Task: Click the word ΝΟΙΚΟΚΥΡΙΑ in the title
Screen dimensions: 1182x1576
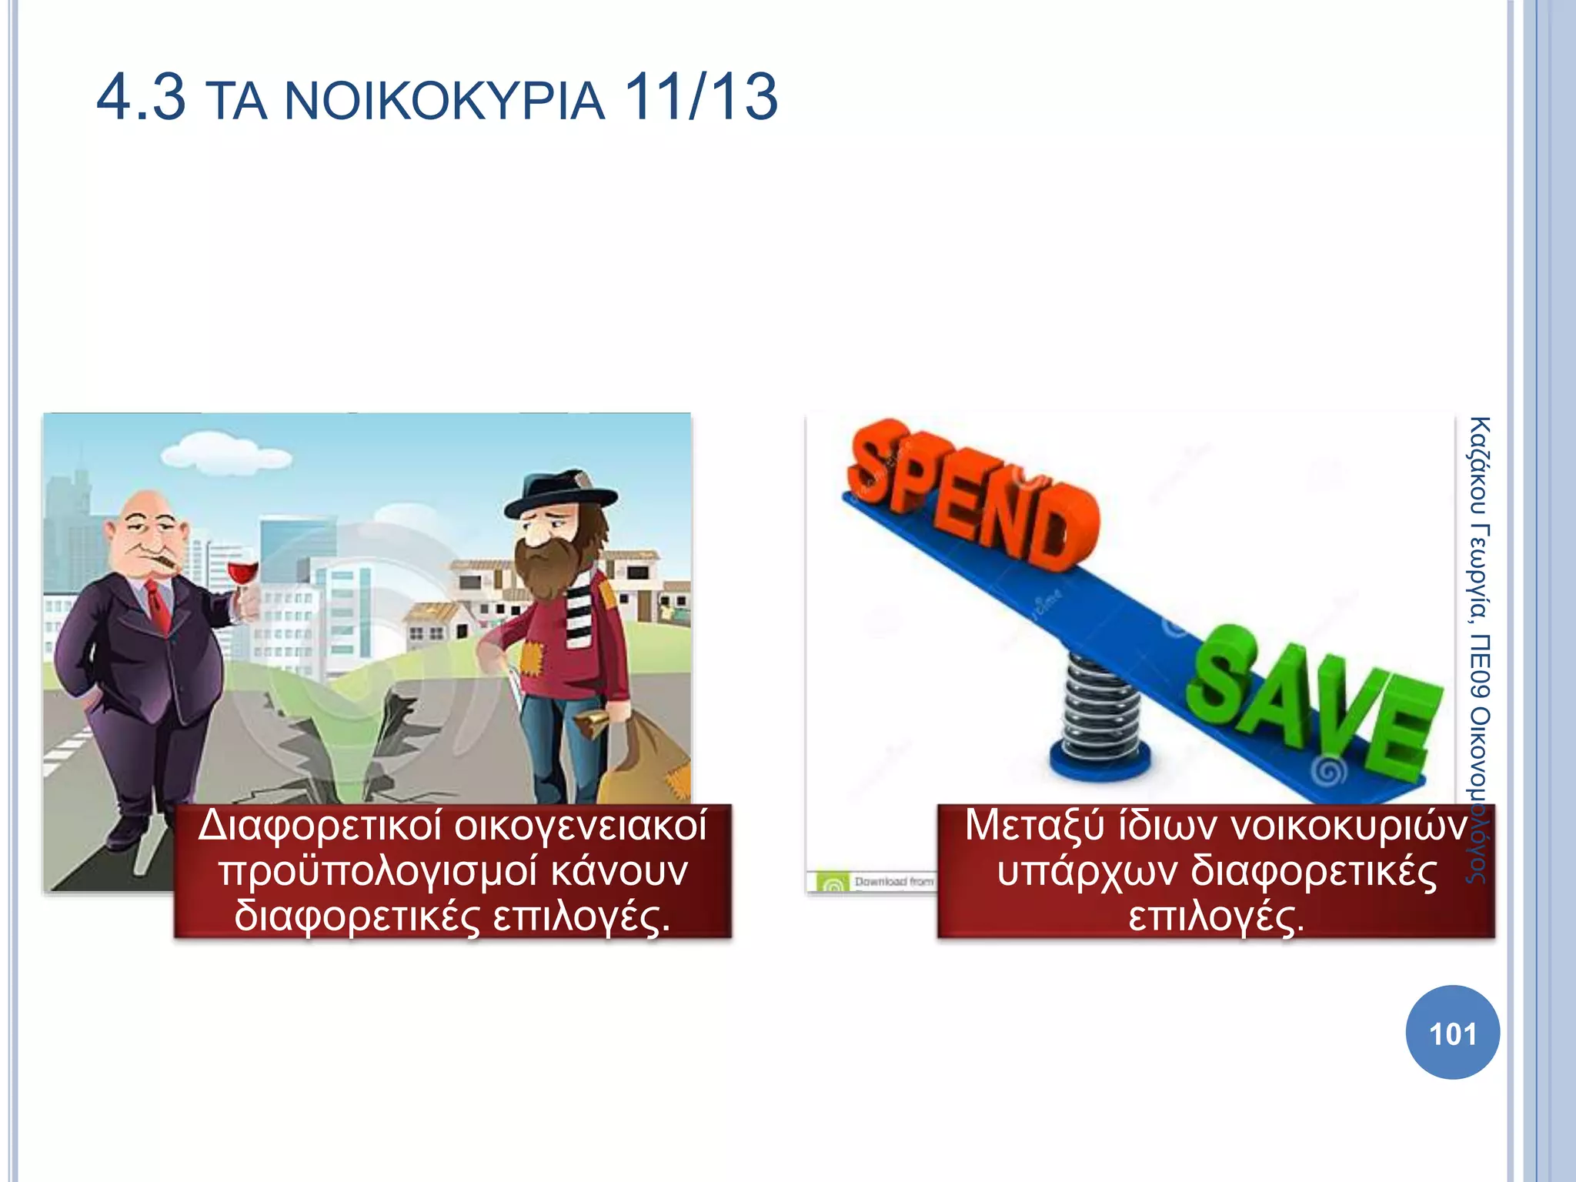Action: coord(445,102)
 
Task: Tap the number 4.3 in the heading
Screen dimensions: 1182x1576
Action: coord(141,98)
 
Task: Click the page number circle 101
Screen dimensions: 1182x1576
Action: coord(1452,1033)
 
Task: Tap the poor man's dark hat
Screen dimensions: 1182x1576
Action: coord(560,495)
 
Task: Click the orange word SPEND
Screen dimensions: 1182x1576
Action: coord(973,492)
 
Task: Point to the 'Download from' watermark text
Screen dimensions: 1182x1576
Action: coord(893,882)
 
